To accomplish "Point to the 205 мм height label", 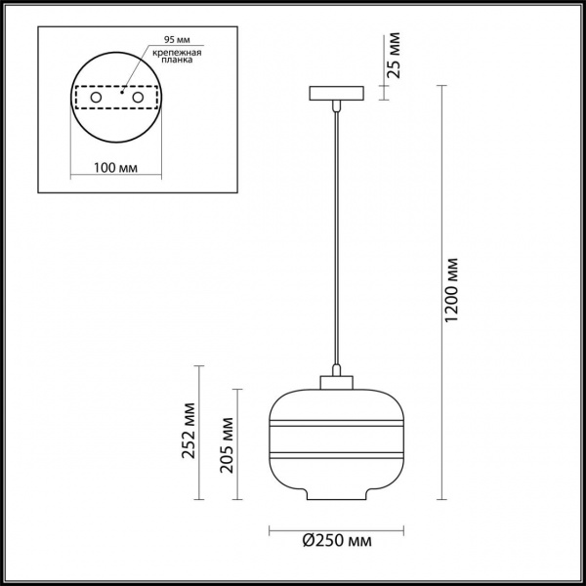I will tap(226, 443).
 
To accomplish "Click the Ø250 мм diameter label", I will tap(338, 540).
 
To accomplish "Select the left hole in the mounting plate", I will tap(96, 99).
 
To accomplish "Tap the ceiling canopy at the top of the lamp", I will tap(337, 95).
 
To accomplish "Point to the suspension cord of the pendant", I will tap(337, 234).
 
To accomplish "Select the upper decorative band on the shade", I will tap(337, 424).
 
